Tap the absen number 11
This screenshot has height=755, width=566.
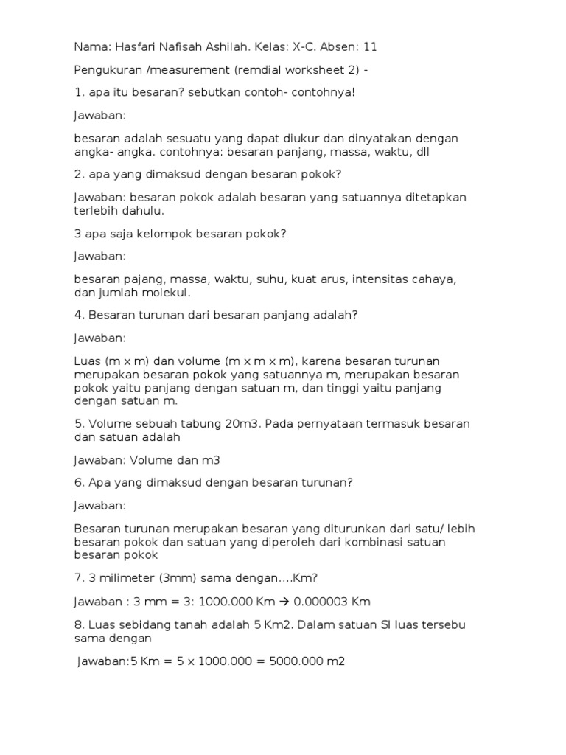370,46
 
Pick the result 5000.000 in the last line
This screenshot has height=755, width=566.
290,661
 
